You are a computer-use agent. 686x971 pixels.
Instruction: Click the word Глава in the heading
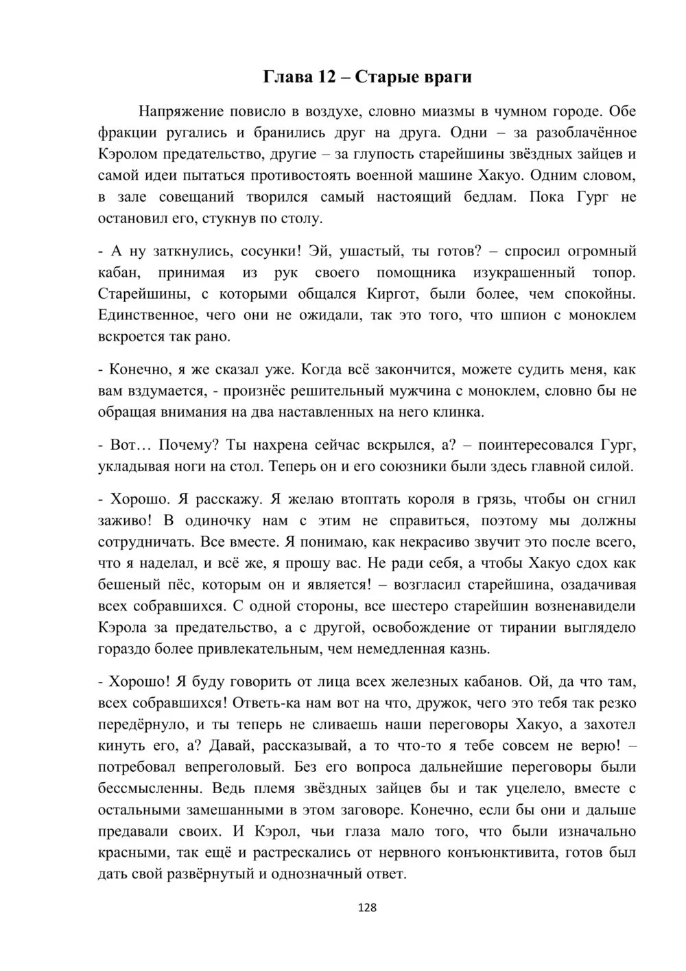(287, 77)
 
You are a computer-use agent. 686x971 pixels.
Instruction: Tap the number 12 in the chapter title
(324, 77)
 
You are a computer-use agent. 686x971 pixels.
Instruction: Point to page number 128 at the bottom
(367, 908)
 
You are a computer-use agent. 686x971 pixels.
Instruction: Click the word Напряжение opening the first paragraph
(182, 111)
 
